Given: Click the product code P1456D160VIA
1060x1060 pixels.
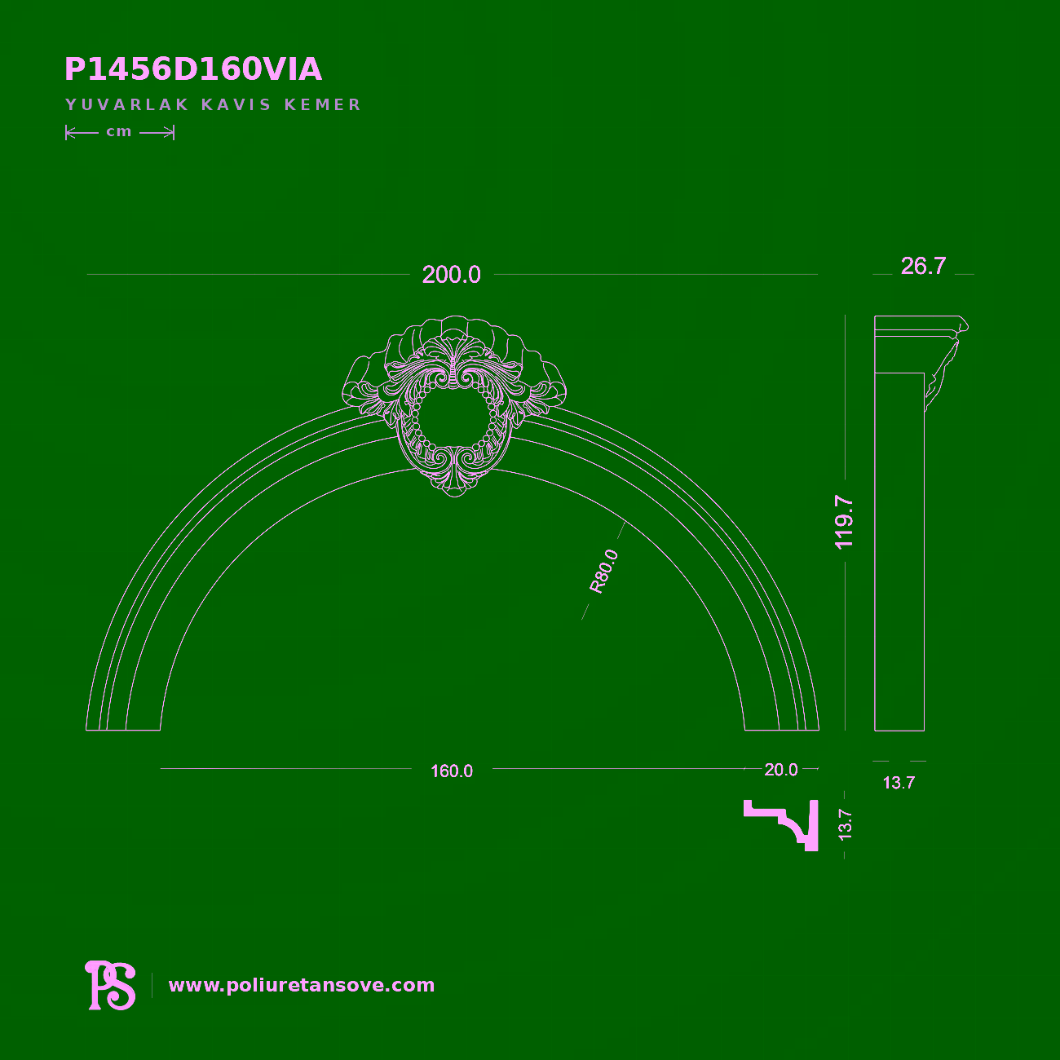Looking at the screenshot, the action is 193,70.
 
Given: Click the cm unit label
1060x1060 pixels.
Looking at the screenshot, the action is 119,132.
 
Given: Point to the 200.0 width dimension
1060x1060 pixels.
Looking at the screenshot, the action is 451,275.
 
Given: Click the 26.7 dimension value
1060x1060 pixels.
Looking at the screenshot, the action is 923,267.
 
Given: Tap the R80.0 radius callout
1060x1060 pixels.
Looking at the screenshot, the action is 603,572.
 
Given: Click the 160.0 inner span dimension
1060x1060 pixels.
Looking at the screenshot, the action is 452,771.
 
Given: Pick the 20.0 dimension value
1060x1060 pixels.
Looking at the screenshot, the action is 780,770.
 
